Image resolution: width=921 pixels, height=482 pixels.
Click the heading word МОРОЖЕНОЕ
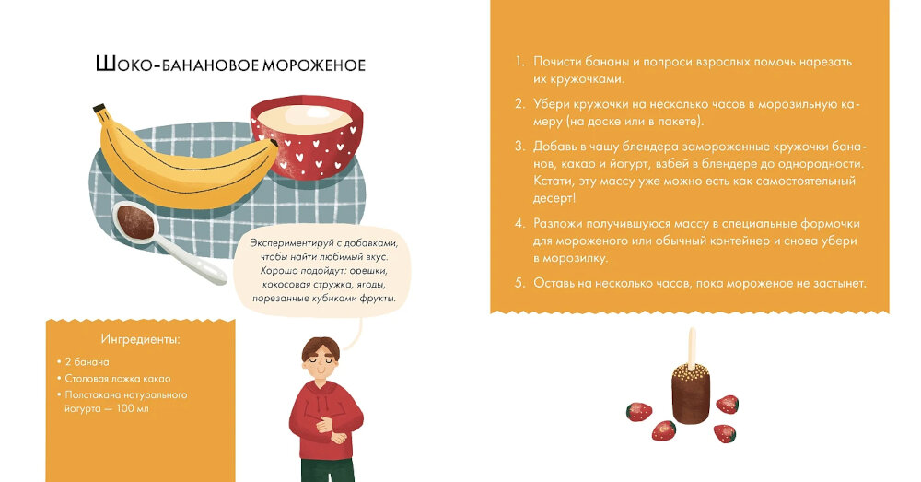click(314, 65)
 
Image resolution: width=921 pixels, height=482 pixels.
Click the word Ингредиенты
click(140, 339)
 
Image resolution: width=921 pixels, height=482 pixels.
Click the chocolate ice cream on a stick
click(692, 393)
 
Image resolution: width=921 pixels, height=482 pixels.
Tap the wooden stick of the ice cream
click(693, 346)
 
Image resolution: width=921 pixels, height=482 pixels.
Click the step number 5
click(519, 283)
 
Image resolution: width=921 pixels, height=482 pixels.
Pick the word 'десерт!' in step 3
click(554, 198)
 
